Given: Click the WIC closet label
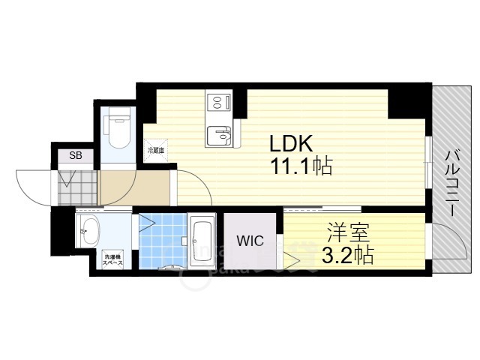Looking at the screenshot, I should click(250, 241).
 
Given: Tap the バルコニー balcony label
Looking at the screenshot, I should click(452, 182).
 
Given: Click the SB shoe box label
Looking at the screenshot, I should click(76, 156).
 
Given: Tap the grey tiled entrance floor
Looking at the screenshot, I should click(78, 188).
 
